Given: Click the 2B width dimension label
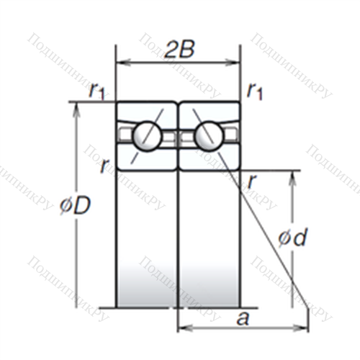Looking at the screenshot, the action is click(179, 50).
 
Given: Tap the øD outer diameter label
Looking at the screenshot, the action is click(75, 206).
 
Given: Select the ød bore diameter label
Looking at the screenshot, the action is click(292, 237).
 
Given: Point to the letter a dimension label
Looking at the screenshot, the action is click(243, 319).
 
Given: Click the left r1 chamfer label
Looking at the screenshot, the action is click(97, 91).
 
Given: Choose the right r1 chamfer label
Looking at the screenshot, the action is click(255, 91).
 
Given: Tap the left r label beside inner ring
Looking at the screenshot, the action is click(104, 166).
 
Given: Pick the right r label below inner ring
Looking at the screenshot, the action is click(253, 181).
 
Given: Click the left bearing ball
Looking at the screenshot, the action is click(146, 136).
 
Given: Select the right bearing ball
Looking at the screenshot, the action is click(209, 136).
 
